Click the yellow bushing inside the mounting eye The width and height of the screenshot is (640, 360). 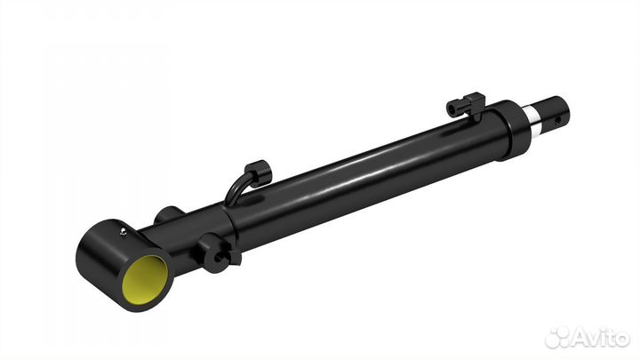(145, 280)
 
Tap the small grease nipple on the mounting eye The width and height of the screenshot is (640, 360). (123, 232)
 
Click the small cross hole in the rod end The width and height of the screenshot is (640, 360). (557, 120)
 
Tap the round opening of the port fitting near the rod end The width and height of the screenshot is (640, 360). (452, 108)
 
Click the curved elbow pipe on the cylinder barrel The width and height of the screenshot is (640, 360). (236, 187)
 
